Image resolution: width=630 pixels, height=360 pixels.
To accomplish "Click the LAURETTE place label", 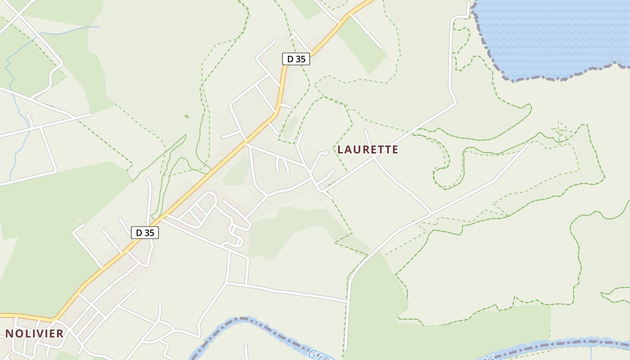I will (368, 149).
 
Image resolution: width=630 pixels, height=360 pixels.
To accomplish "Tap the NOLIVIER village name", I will (34, 333).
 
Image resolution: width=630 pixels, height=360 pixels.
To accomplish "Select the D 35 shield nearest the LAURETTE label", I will (296, 58).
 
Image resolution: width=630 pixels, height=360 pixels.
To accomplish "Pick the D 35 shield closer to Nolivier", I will (145, 232).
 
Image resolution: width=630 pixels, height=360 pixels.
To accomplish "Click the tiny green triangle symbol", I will (186, 116).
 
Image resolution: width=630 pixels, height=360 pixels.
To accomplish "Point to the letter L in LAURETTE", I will (340, 149).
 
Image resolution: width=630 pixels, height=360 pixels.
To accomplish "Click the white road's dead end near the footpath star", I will (528, 144).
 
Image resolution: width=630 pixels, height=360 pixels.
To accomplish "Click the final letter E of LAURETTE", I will (395, 149).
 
